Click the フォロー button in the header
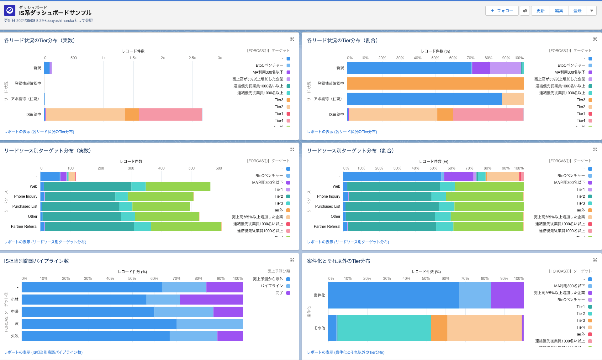pos(502,11)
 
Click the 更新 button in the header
pos(540,11)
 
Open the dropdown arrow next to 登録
pos(592,11)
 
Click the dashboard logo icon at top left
pos(10,10)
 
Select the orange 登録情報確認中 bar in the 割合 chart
pos(435,83)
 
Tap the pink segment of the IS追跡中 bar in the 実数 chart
pos(170,114)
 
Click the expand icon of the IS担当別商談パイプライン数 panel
pos(292,260)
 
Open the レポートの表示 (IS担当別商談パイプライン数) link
pos(43,352)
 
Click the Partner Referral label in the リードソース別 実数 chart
pos(24,227)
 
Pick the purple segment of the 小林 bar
pos(211,300)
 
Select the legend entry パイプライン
pos(272,286)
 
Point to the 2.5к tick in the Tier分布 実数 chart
pos(192,58)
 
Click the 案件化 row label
pos(319,295)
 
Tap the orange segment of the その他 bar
pos(439,328)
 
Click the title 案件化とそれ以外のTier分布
pos(339,261)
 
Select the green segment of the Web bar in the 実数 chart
pos(178,186)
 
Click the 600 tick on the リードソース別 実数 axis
pos(219,168)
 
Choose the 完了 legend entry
pos(279,293)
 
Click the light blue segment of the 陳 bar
pos(209,324)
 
